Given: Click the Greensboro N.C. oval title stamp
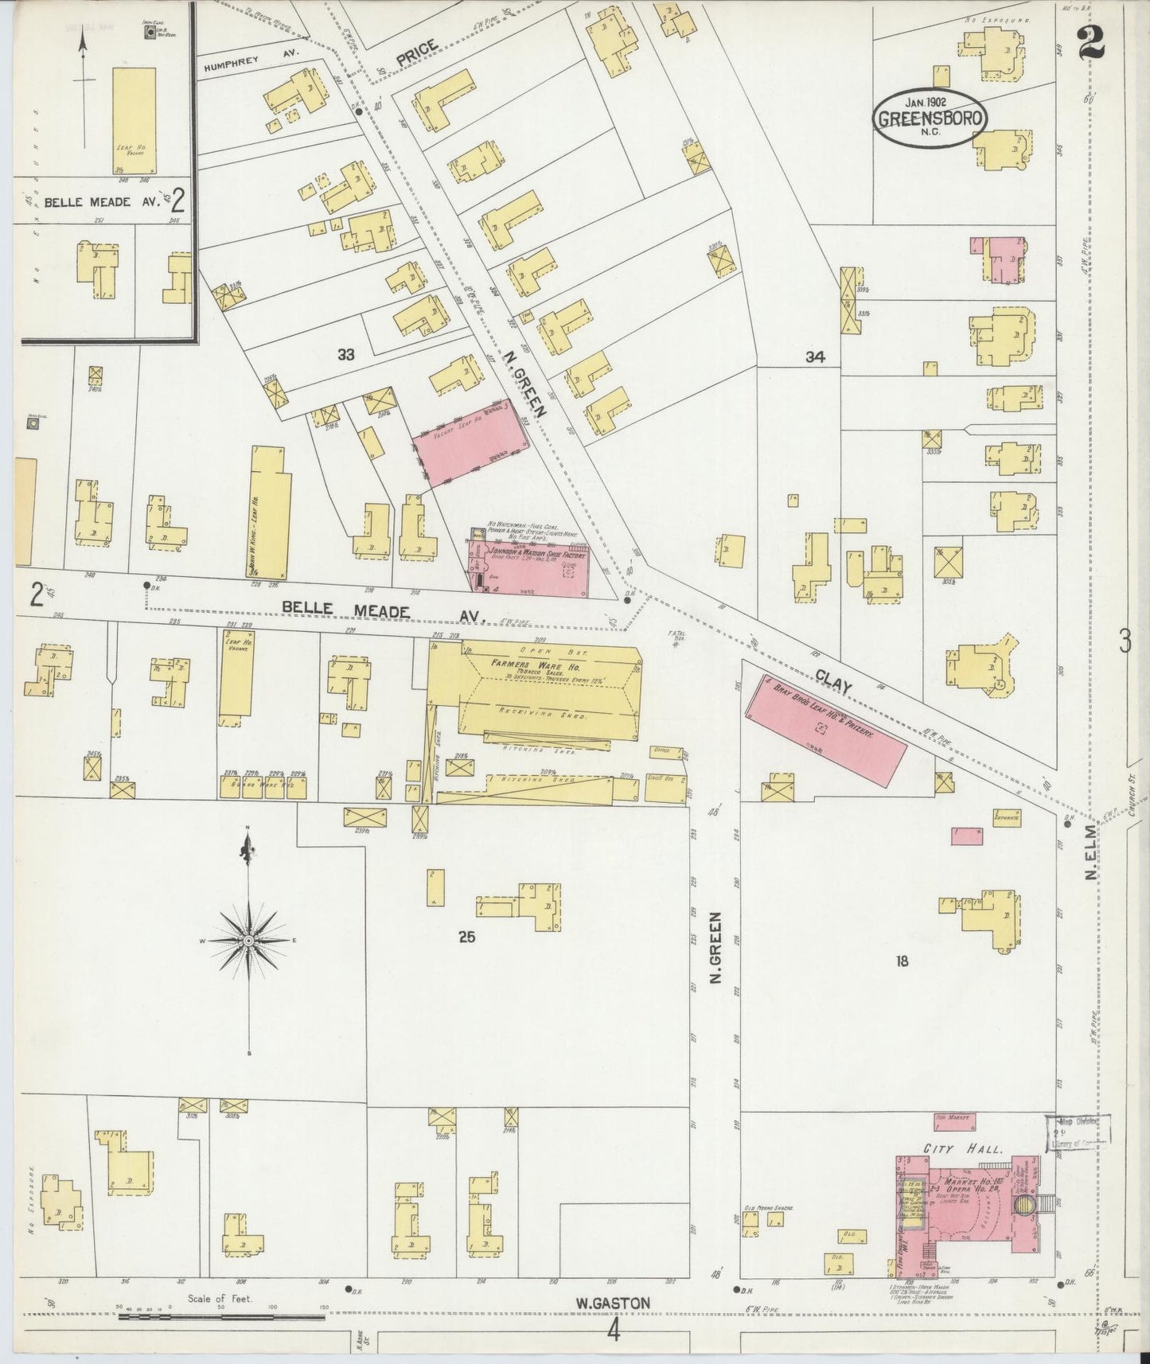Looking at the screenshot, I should (931, 119).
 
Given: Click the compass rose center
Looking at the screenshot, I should (248, 941).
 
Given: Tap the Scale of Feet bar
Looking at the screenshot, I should (220, 1316).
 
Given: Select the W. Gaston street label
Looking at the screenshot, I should (614, 1303).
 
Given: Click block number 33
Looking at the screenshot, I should (345, 355).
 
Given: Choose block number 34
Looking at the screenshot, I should (814, 357).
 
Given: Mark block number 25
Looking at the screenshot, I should (466, 937).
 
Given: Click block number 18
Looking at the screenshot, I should (901, 961).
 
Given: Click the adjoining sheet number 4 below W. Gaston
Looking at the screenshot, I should (613, 1331).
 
